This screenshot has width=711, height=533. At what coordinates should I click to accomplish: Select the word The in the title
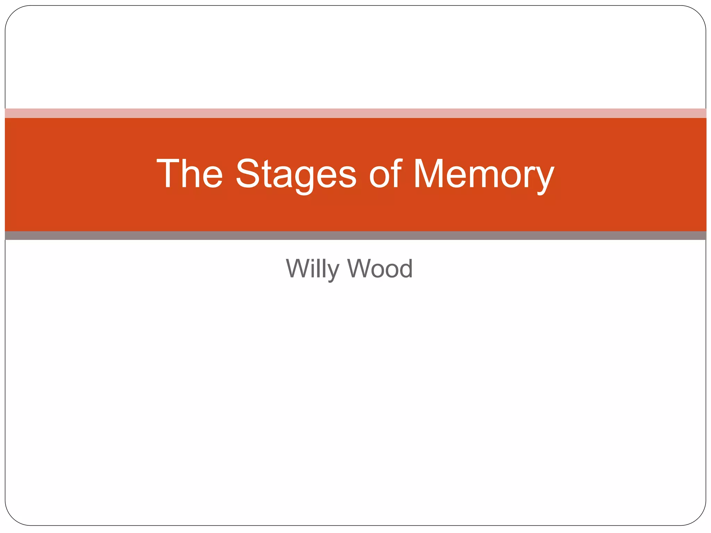[189, 174]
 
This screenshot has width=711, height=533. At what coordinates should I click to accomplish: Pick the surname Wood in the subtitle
[380, 269]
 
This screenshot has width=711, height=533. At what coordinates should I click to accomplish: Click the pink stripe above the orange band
[355, 113]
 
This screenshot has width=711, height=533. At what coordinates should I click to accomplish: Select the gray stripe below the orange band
[355, 236]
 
